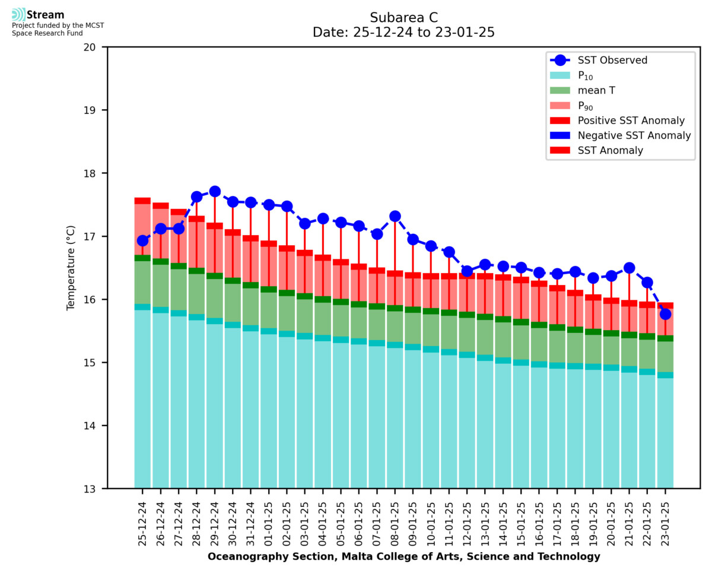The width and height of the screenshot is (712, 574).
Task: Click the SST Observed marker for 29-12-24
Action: click(215, 191)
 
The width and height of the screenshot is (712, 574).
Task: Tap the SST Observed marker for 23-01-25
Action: click(665, 314)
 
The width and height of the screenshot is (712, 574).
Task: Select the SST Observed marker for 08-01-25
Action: click(395, 216)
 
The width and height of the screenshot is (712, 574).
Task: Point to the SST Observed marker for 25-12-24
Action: click(142, 240)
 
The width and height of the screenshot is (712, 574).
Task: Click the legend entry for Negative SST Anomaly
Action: click(634, 135)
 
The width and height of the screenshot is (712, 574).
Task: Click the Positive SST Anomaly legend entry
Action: click(631, 120)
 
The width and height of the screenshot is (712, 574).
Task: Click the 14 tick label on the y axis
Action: click(94, 426)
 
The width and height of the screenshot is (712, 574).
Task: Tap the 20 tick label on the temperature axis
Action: click(94, 47)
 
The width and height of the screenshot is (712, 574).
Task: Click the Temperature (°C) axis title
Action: click(71, 268)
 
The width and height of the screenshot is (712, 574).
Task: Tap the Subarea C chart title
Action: click(403, 17)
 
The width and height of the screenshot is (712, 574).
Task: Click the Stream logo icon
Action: click(18, 14)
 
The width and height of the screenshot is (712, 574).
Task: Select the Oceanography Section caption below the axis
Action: click(403, 557)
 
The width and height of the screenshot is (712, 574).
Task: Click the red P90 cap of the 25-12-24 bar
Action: click(142, 201)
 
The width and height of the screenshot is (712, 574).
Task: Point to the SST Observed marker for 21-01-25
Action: click(629, 268)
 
